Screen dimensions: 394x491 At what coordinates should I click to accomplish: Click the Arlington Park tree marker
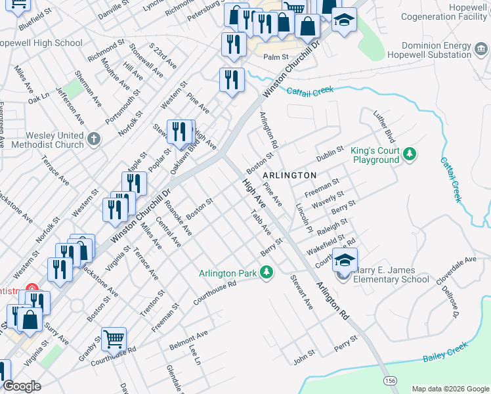pos(266,271)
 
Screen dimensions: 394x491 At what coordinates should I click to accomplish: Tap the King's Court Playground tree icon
pos(410,154)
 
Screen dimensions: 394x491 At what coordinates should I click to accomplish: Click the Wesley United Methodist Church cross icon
pos(94,139)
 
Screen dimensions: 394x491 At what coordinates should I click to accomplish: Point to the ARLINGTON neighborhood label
pos(289,175)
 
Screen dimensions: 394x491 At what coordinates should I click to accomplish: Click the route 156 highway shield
pos(391,380)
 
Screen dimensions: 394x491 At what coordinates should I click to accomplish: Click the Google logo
pos(22,386)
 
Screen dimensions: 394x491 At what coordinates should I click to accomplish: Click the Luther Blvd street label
pos(383,127)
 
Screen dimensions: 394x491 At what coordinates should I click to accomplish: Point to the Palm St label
pos(276,57)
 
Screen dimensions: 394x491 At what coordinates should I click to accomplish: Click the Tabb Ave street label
pos(261,223)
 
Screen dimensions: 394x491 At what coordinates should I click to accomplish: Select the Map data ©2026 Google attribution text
pos(450,389)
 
